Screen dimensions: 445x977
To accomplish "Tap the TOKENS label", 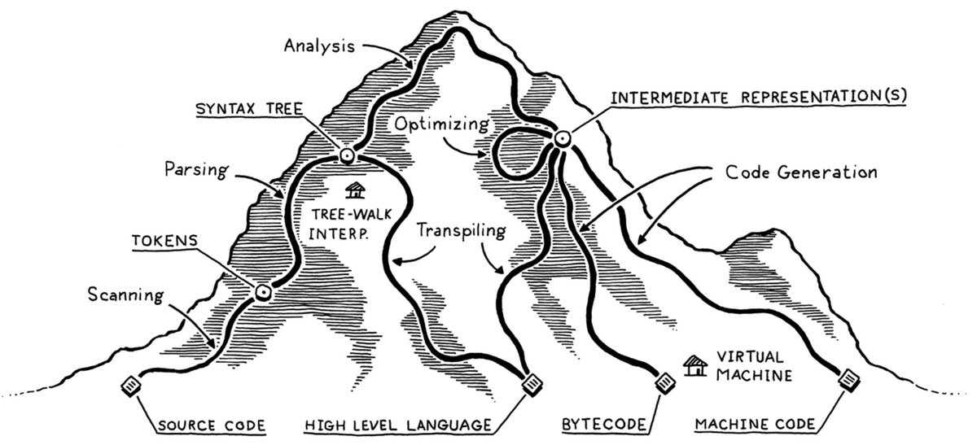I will pos(160,242).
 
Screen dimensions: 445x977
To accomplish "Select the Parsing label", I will pos(195,170).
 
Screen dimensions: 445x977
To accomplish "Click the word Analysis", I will pos(319,46).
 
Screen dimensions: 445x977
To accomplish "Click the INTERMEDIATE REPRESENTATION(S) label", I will pos(758,97).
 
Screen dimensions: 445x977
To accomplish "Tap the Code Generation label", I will pos(801,173).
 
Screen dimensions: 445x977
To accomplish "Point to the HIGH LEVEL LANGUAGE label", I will pos(398,425).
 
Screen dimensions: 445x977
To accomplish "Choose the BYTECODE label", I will pos(605,425).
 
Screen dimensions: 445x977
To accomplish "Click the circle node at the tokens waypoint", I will pos(262,292).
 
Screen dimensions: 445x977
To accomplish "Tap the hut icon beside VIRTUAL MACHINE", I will pos(694,365).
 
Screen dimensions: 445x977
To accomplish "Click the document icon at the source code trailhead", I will pos(129,385).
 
